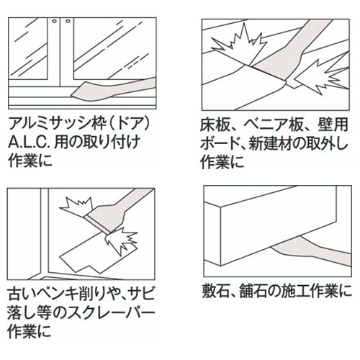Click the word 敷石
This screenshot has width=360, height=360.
click(219, 293)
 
